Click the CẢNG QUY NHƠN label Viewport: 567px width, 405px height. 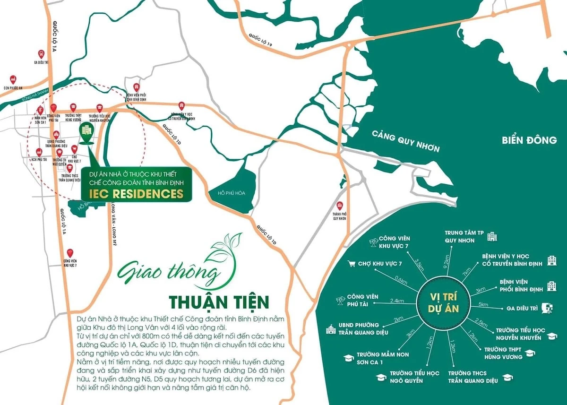pos(405,141)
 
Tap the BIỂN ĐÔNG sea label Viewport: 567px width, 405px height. pos(530,140)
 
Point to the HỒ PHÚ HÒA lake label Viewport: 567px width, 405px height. pos(230,193)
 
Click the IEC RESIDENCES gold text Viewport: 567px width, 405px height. pos(136,194)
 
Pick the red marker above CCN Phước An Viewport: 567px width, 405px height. pos(13,78)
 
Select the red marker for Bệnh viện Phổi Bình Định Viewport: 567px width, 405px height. pos(136,88)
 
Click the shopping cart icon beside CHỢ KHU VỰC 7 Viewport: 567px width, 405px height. pos(351,263)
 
